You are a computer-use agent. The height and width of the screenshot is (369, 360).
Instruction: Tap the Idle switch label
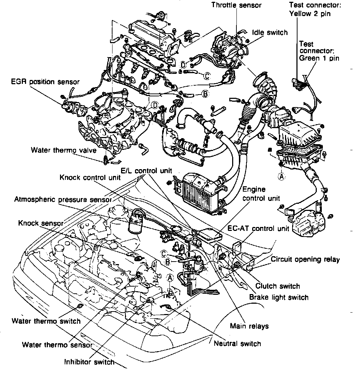pyautogui.click(x=270, y=32)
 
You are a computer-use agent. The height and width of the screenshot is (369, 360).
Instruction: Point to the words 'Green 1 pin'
pyautogui.click(x=319, y=58)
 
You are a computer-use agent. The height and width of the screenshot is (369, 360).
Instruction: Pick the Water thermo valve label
pyautogui.click(x=63, y=150)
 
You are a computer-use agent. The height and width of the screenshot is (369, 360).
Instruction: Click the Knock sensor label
pyautogui.click(x=41, y=223)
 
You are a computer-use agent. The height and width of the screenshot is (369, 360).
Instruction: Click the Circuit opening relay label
pyautogui.click(x=305, y=259)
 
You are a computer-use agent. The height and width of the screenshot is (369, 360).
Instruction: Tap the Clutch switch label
pyautogui.click(x=278, y=286)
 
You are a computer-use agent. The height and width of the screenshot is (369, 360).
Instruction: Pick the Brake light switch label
pyautogui.click(x=279, y=297)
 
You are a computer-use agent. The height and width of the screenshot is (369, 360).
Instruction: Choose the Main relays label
pyautogui.click(x=249, y=326)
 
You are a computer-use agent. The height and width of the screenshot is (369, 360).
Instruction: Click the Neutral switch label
pyautogui.click(x=237, y=344)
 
